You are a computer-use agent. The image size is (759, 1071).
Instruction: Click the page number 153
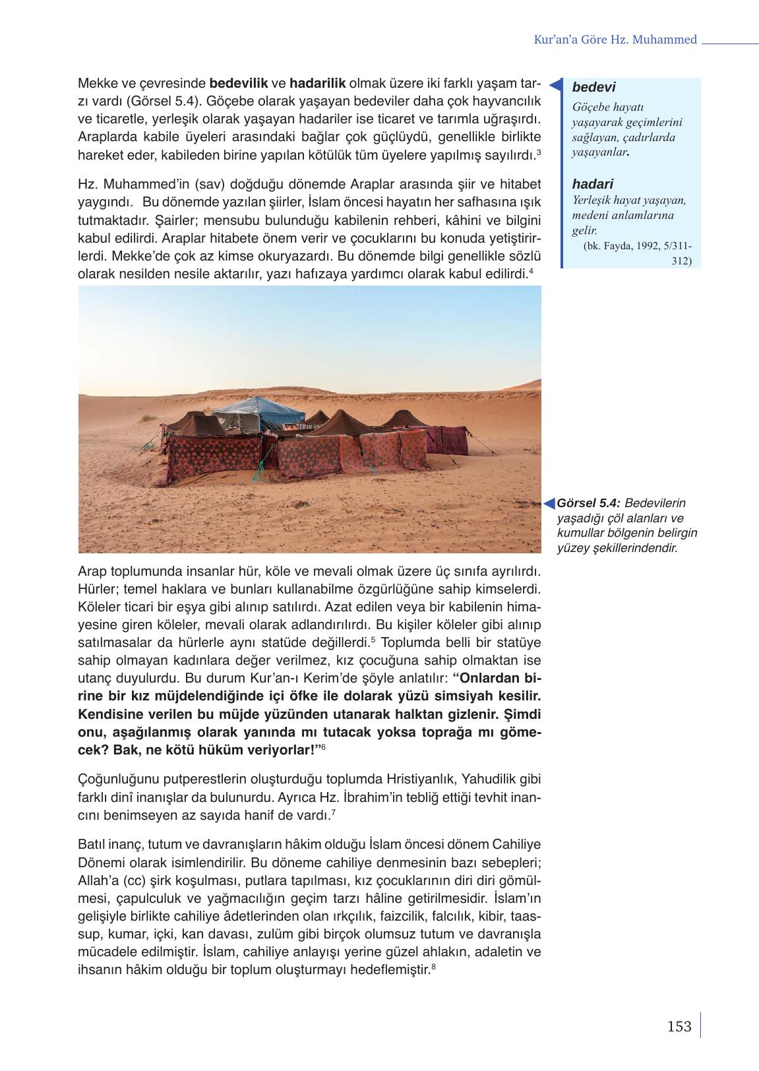(679, 1026)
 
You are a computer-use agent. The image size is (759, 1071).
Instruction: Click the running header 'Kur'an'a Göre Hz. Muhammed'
(615, 40)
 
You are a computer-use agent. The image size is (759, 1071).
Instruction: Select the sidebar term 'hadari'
(593, 184)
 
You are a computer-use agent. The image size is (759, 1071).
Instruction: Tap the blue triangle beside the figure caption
(549, 504)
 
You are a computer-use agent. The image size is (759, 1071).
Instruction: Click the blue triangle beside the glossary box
(555, 85)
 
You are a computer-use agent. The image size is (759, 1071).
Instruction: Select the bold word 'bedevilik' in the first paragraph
(239, 84)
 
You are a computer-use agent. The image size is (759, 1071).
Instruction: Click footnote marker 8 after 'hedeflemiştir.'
(433, 967)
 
